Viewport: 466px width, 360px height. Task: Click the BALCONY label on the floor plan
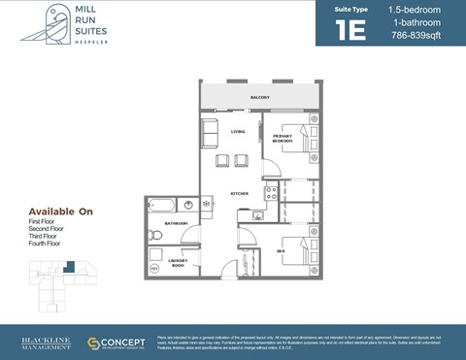[258, 98]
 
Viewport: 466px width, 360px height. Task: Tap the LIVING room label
[237, 131]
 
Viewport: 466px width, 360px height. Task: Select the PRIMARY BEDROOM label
[282, 139]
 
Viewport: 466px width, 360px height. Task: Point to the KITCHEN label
[240, 194]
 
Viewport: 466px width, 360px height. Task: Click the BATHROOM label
[176, 223]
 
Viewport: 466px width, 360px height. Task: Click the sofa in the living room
[210, 133]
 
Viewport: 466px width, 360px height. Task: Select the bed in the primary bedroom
[297, 144]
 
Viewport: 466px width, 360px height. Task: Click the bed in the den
[296, 250]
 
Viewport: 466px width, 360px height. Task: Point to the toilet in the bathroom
[154, 234]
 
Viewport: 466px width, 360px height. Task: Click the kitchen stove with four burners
[272, 194]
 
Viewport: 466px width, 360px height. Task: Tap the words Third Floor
[46, 237]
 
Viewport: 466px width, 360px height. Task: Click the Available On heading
[60, 212]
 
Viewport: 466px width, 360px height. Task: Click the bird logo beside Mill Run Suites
[44, 24]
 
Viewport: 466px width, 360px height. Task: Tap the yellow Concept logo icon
[94, 344]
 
